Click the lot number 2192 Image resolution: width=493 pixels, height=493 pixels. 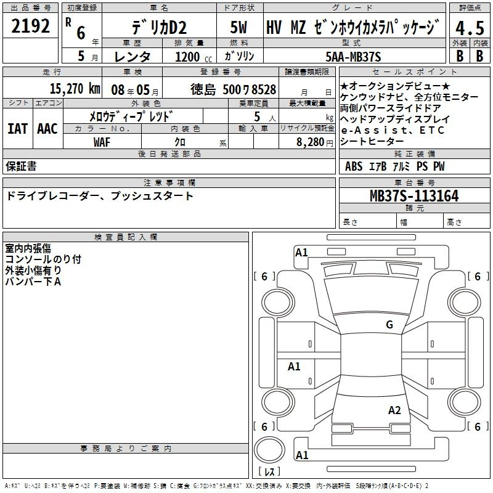coord(30,26)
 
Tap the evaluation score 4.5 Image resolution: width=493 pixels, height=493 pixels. coord(470,28)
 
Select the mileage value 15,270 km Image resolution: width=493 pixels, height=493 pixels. coord(75,89)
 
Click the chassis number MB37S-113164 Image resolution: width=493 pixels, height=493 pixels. coord(414,195)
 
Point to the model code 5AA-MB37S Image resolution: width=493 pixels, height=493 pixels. coord(353,57)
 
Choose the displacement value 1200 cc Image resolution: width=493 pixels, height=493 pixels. coord(194,57)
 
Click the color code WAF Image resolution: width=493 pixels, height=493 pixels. coord(102,142)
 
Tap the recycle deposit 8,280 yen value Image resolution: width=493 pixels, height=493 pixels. coord(314,142)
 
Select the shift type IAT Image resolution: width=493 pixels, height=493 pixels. coord(18,129)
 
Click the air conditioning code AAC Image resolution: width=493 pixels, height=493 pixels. coord(47,129)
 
